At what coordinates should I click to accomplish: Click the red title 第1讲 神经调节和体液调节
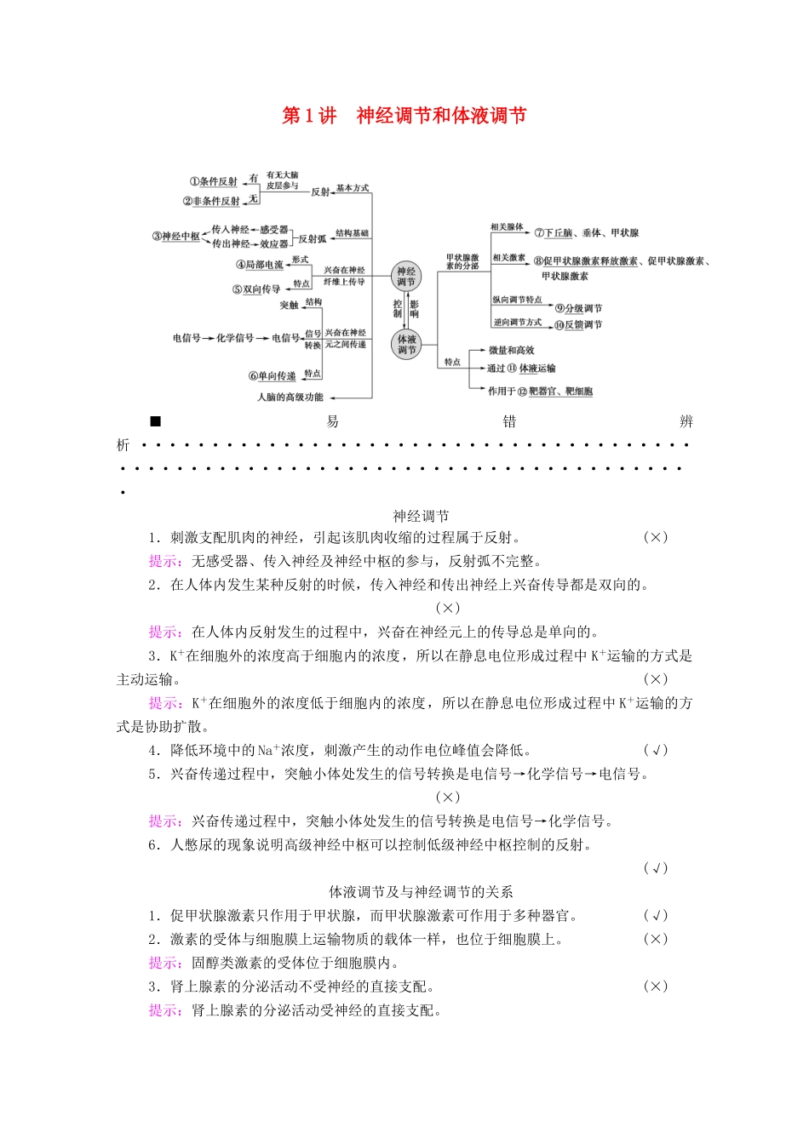404,116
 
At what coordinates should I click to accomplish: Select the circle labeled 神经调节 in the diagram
406,277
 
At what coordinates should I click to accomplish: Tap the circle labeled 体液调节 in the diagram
407,344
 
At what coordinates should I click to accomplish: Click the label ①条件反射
214,181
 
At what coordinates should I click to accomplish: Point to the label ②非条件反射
211,202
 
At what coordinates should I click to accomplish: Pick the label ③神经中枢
176,236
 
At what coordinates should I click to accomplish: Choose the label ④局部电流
260,265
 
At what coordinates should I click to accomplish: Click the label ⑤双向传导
256,289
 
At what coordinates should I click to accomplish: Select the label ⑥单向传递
273,376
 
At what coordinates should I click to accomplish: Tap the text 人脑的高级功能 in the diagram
290,398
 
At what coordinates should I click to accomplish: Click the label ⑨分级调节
578,308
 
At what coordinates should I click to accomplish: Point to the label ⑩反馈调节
578,325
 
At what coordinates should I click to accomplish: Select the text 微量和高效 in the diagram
511,350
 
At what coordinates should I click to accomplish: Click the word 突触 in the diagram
290,305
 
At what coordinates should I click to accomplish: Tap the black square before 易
155,421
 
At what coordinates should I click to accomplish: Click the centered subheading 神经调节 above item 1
421,516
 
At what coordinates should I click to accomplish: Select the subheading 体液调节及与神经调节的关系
421,892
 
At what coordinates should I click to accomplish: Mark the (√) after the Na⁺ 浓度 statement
655,750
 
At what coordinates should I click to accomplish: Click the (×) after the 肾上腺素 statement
655,987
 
